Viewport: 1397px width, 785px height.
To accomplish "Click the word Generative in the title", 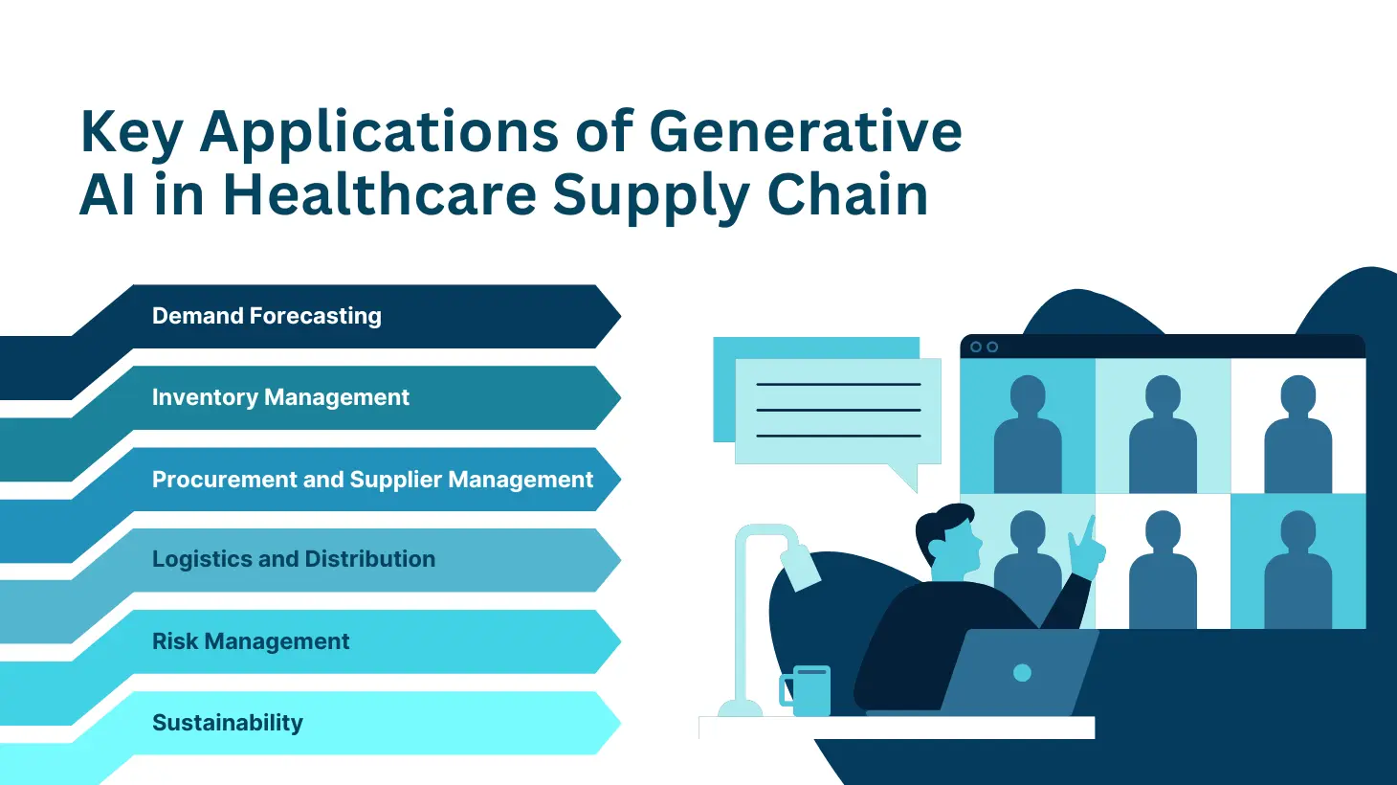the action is (805, 131).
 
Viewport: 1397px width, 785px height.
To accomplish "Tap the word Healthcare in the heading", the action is (380, 194).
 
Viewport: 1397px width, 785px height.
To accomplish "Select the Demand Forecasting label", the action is (267, 316).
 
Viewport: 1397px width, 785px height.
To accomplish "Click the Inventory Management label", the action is (280, 397).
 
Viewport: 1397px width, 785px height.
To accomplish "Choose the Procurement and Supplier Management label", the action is (372, 480).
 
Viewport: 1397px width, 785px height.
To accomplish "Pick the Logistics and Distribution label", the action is (294, 558).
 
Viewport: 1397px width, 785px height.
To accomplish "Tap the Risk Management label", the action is (251, 640).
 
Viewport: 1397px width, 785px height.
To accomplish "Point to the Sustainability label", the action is (228, 723).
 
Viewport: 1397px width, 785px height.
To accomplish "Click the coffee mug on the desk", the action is (806, 690).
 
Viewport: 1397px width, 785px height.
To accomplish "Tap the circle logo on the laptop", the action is (1022, 673).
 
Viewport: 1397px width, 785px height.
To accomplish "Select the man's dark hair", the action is (943, 529).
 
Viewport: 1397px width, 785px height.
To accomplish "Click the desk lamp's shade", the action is (802, 568).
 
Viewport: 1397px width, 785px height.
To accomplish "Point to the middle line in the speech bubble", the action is (838, 410).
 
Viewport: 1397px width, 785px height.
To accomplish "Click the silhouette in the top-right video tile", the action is (1297, 434).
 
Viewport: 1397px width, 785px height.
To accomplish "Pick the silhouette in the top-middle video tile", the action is (1163, 434).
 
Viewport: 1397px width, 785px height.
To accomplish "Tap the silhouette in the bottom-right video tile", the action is (1297, 569).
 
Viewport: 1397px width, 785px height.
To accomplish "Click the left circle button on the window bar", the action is (976, 347).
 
